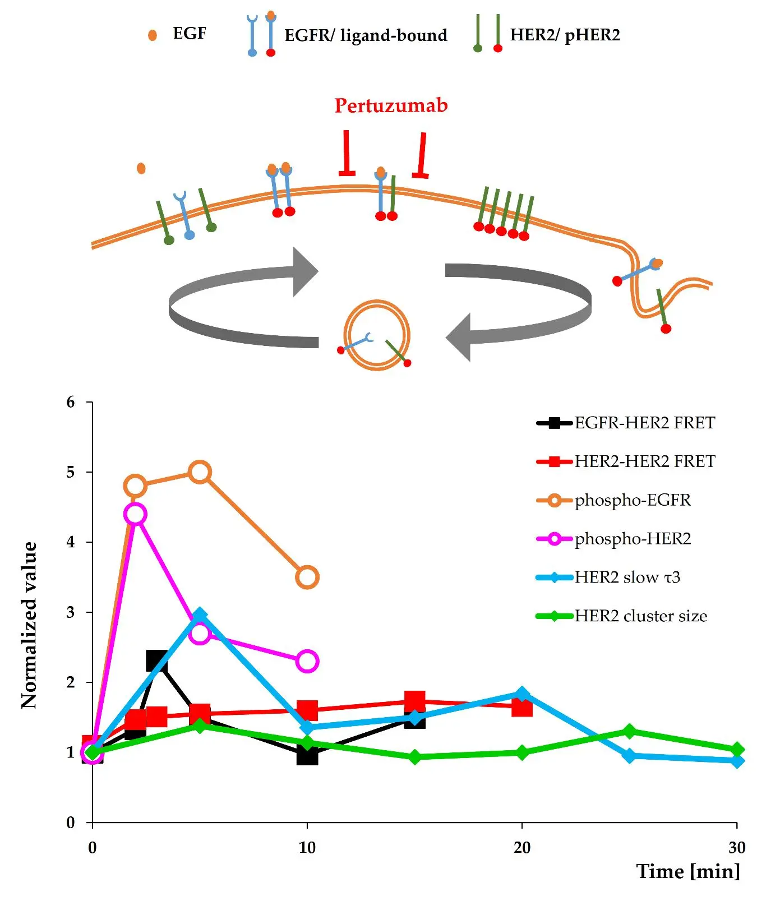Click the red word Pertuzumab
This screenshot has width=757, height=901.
[x=391, y=105]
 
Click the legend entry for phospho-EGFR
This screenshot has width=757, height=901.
[x=632, y=500]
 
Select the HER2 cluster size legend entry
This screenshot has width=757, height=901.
[x=640, y=616]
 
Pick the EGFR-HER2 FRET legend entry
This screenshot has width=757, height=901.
[x=644, y=423]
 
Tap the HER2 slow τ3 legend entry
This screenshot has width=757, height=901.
[x=627, y=577]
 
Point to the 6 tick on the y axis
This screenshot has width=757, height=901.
[x=71, y=402]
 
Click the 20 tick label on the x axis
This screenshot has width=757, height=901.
[x=521, y=847]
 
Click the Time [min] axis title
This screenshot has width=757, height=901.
[x=688, y=871]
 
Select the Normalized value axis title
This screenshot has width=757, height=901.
[x=29, y=625]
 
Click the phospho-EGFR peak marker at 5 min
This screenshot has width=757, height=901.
[x=200, y=472]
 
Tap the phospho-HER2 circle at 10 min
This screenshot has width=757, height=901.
[x=307, y=661]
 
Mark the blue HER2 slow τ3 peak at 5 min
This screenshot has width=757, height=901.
[x=200, y=616]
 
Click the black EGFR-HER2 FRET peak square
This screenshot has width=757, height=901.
[x=156, y=661]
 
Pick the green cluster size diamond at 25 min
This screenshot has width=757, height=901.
[x=629, y=732]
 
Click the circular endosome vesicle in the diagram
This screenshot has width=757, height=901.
[x=377, y=335]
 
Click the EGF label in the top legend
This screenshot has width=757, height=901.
[x=190, y=34]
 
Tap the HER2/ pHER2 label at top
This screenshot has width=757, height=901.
[x=565, y=35]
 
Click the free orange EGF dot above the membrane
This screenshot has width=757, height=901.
[x=141, y=168]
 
